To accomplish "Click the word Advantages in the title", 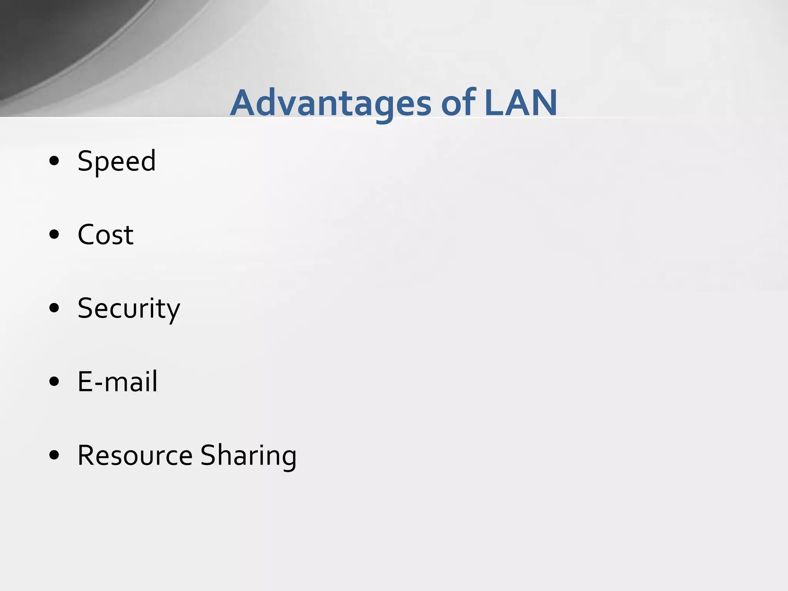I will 331,103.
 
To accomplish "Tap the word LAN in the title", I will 521,103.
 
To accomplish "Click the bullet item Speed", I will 117,161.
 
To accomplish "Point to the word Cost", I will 105,234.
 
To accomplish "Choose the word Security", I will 129,309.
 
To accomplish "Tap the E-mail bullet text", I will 117,382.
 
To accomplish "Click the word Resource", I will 135,455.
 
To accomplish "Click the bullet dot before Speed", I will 54,161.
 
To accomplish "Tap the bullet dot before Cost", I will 54,234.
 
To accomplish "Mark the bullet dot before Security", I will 54,308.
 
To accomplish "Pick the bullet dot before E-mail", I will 54,381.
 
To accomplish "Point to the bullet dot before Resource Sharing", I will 54,455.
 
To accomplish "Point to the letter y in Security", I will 173,312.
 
